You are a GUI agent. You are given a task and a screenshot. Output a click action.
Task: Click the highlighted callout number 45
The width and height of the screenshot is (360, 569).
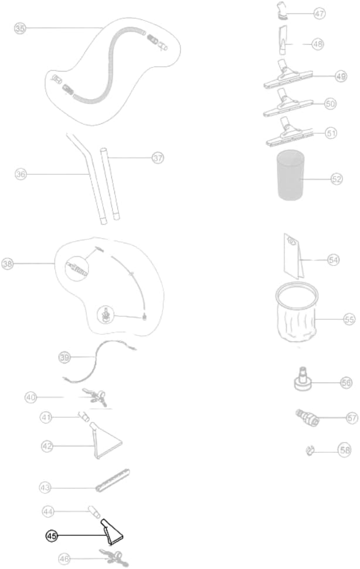[52, 536]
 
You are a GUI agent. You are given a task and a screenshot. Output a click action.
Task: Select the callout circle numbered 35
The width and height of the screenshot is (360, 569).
[20, 28]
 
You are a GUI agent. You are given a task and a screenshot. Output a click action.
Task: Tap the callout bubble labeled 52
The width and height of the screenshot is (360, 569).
[337, 179]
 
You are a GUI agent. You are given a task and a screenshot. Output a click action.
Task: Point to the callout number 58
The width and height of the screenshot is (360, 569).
[344, 450]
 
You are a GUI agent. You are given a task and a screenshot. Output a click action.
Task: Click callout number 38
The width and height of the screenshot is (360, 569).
[8, 263]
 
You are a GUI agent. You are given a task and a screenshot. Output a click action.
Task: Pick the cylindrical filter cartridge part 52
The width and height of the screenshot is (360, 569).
[290, 175]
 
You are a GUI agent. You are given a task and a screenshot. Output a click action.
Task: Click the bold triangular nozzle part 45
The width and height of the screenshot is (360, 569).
[111, 531]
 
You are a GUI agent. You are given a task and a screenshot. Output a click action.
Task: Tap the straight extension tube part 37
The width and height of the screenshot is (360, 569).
[110, 183]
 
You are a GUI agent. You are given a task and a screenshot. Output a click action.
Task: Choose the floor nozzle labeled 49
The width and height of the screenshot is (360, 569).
[288, 75]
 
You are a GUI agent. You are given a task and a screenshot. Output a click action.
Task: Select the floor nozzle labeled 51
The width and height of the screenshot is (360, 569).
[291, 133]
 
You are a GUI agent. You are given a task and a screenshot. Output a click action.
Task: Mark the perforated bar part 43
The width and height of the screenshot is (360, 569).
[113, 480]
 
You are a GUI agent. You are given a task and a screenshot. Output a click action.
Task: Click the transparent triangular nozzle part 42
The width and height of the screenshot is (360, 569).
[106, 441]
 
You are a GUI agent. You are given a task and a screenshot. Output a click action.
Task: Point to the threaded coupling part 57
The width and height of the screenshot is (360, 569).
[307, 417]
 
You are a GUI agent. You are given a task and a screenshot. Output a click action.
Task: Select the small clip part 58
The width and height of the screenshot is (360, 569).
[310, 451]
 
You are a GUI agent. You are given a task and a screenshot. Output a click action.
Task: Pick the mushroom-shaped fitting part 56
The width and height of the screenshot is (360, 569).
[303, 379]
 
